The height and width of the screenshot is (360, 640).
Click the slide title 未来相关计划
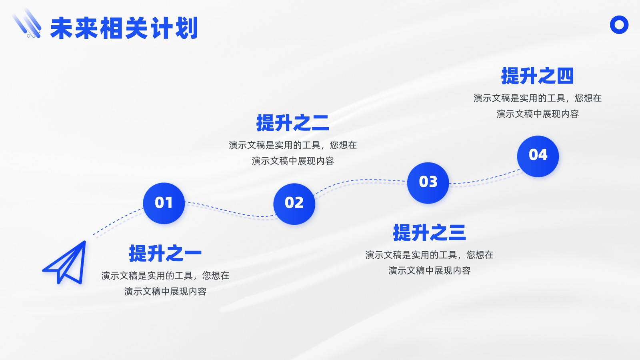[124, 28]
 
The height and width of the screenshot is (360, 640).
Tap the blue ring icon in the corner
[619, 18]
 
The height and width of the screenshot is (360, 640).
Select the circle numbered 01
[164, 203]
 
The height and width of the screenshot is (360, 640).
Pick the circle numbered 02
[294, 204]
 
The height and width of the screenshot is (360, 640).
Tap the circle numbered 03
[428, 183]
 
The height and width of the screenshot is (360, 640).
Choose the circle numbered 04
[538, 156]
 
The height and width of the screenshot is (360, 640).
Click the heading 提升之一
[165, 253]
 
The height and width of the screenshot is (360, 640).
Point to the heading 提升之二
[293, 123]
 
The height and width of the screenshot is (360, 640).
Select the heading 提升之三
[430, 232]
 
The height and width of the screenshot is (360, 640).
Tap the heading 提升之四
[538, 76]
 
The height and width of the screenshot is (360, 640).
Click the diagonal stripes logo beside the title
[27, 23]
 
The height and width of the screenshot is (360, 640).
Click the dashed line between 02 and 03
[360, 180]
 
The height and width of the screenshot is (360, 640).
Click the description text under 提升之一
[165, 284]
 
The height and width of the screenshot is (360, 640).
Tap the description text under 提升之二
[293, 153]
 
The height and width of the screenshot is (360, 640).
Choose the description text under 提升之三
[430, 262]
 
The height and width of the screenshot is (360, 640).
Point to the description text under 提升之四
[538, 106]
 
